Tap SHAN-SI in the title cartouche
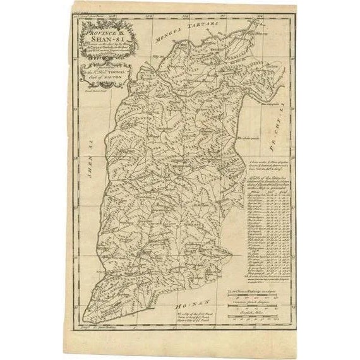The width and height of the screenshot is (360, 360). (95, 39)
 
